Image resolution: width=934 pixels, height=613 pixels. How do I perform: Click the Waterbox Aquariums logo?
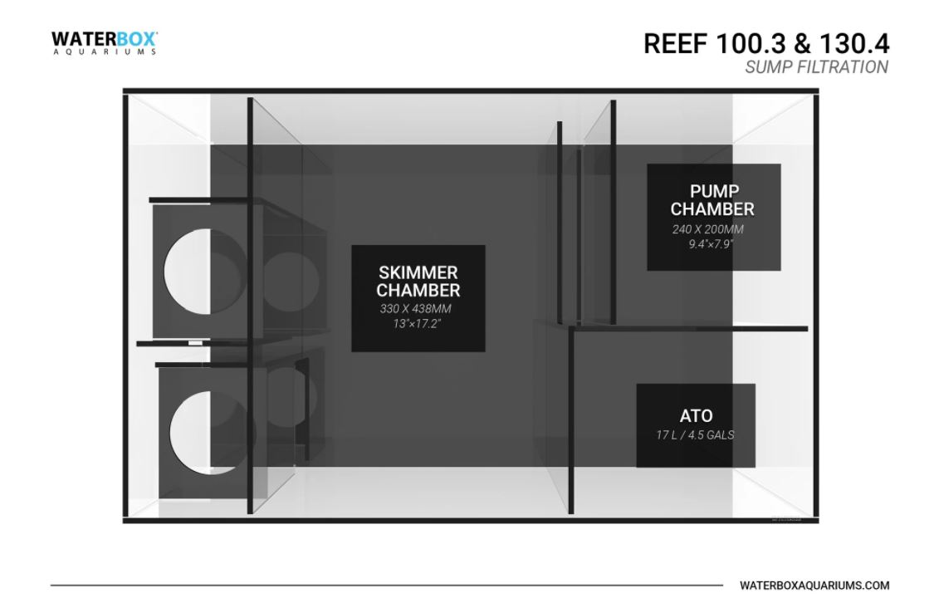[x=104, y=42]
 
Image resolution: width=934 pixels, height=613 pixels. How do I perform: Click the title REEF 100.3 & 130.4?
[x=765, y=43]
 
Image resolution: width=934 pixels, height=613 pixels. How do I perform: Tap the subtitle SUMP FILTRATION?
[x=816, y=67]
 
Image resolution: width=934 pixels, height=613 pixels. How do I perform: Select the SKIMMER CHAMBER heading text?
[x=418, y=282]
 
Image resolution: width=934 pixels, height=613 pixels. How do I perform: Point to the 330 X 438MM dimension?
[x=418, y=309]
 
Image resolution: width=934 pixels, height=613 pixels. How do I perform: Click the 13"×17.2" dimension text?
[x=418, y=323]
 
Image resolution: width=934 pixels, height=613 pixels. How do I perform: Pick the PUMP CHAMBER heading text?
[x=713, y=200]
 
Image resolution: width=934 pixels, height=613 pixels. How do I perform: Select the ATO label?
[x=696, y=416]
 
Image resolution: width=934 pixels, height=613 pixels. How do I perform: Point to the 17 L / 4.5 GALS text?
[x=696, y=435]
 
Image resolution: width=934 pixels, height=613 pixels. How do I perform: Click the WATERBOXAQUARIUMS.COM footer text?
[x=814, y=586]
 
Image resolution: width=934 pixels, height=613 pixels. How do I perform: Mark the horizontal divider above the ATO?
[x=688, y=329]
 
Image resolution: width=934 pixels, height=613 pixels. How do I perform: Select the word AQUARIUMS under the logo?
[x=104, y=51]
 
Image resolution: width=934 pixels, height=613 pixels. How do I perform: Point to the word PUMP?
[x=713, y=192]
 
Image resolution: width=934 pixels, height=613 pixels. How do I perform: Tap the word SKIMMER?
[x=418, y=272]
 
